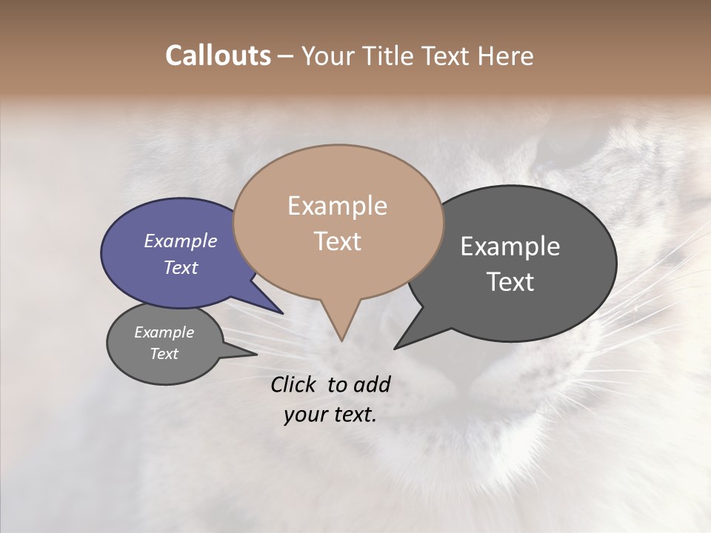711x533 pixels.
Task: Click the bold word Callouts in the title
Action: pyautogui.click(x=218, y=56)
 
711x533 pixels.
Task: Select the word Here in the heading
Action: pyautogui.click(x=504, y=56)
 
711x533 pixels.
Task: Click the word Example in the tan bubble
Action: pyautogui.click(x=337, y=206)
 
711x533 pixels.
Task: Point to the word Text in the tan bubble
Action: pyautogui.click(x=337, y=241)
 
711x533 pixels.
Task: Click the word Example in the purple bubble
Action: pyautogui.click(x=180, y=241)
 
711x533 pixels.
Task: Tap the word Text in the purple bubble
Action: pyautogui.click(x=180, y=267)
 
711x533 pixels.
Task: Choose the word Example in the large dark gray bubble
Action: pyautogui.click(x=510, y=247)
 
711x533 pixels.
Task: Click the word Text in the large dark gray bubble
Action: pyautogui.click(x=510, y=282)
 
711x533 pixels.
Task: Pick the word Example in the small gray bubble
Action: pyautogui.click(x=164, y=332)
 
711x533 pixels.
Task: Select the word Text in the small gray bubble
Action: pyautogui.click(x=164, y=354)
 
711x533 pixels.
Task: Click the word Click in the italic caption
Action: pyautogui.click(x=293, y=384)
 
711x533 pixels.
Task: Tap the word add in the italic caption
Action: pyautogui.click(x=371, y=384)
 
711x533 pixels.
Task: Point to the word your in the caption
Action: pyautogui.click(x=304, y=415)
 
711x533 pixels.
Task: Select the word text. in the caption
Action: pyautogui.click(x=352, y=415)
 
